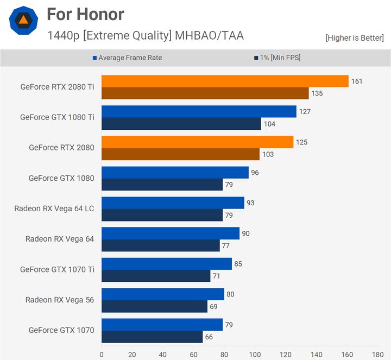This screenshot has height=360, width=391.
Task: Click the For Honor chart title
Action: pos(85,14)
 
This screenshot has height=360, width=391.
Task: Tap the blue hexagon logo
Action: pos(23,21)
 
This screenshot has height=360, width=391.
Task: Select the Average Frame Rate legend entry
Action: pos(130,58)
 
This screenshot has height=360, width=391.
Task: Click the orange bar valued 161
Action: pos(225,81)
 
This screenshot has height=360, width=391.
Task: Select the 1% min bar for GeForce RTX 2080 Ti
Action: pos(205,93)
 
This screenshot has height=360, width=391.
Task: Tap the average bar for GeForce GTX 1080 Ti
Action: pos(199,111)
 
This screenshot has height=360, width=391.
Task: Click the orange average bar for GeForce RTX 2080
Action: pos(197,142)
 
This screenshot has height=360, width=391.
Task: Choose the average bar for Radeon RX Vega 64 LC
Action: pos(173,203)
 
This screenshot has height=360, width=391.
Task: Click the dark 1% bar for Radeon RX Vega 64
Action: pos(160,245)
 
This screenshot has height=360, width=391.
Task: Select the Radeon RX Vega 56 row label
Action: pos(60,300)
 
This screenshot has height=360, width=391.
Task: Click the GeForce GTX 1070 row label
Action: pos(61,330)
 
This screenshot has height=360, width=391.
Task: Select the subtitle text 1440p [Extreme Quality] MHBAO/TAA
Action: pos(146,36)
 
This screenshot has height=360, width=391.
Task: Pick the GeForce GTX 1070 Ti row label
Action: pos(57,269)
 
